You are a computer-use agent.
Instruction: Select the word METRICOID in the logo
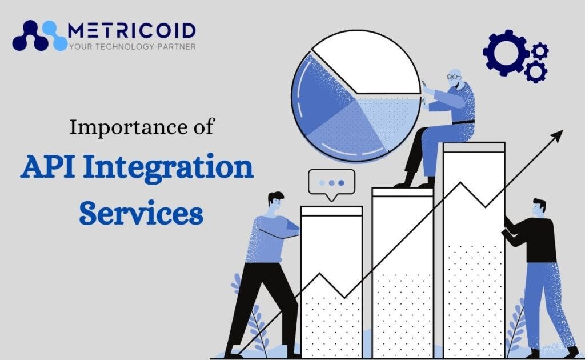(131, 30)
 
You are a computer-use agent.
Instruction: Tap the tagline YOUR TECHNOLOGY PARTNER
(131, 46)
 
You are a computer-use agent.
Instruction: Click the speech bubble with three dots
(331, 183)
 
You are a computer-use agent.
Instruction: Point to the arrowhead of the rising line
(558, 135)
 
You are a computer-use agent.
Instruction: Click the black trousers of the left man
(260, 297)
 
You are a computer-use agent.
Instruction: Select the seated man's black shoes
(414, 182)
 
